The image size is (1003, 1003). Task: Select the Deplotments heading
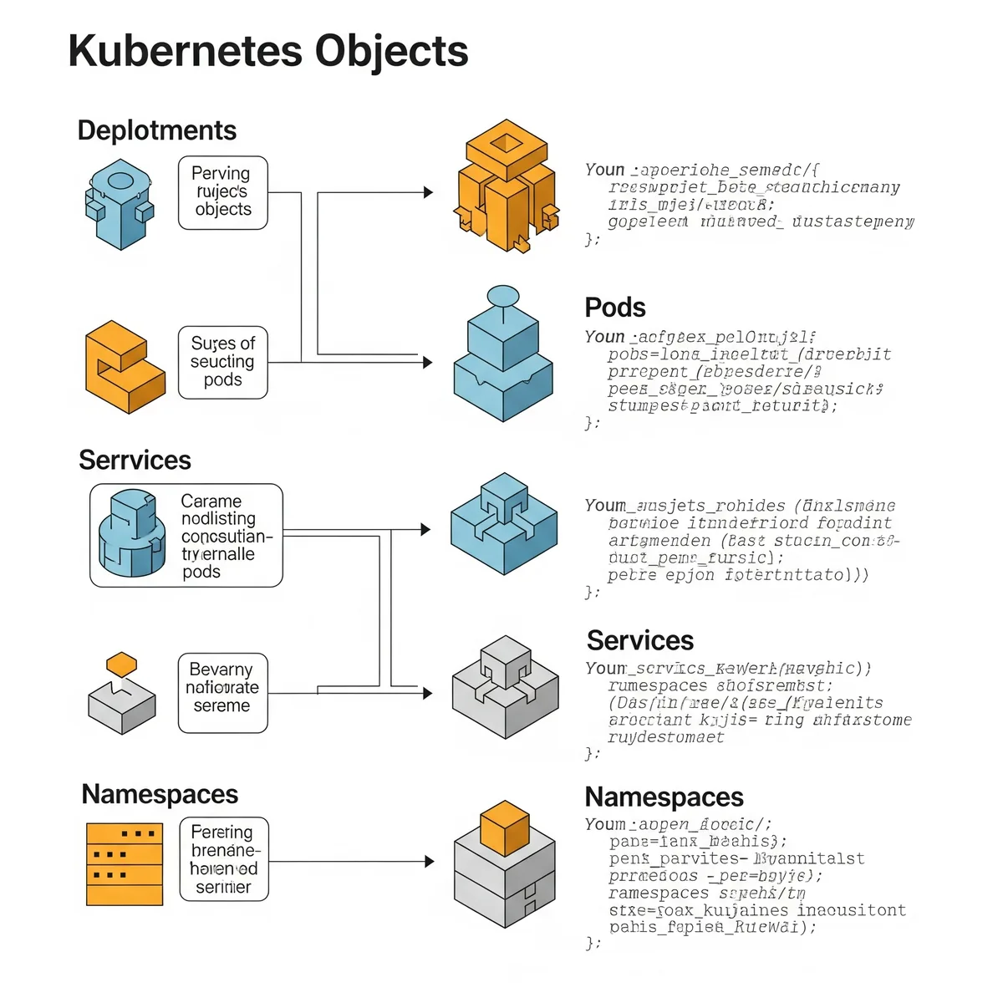pos(157,130)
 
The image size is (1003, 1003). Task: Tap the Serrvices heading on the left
pos(135,460)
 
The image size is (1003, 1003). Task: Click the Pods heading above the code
pos(615,308)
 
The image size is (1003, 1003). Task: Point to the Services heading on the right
pos(640,640)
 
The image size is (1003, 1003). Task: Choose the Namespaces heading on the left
pos(160,794)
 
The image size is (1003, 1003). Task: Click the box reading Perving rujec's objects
pos(222,192)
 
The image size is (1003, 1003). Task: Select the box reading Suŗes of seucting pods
pos(222,362)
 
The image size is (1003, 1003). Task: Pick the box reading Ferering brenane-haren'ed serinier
pos(224,859)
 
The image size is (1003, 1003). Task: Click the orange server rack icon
pos(125,864)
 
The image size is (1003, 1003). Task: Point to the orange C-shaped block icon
pos(124,367)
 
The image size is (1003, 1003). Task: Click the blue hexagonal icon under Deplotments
pos(120,204)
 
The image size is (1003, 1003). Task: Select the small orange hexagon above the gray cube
pos(122,664)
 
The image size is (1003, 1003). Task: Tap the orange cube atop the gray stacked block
pos(505,827)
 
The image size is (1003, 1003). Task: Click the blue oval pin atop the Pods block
pos(503,296)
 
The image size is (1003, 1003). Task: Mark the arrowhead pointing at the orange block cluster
pos(428,192)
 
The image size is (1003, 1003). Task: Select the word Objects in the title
pos(391,51)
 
